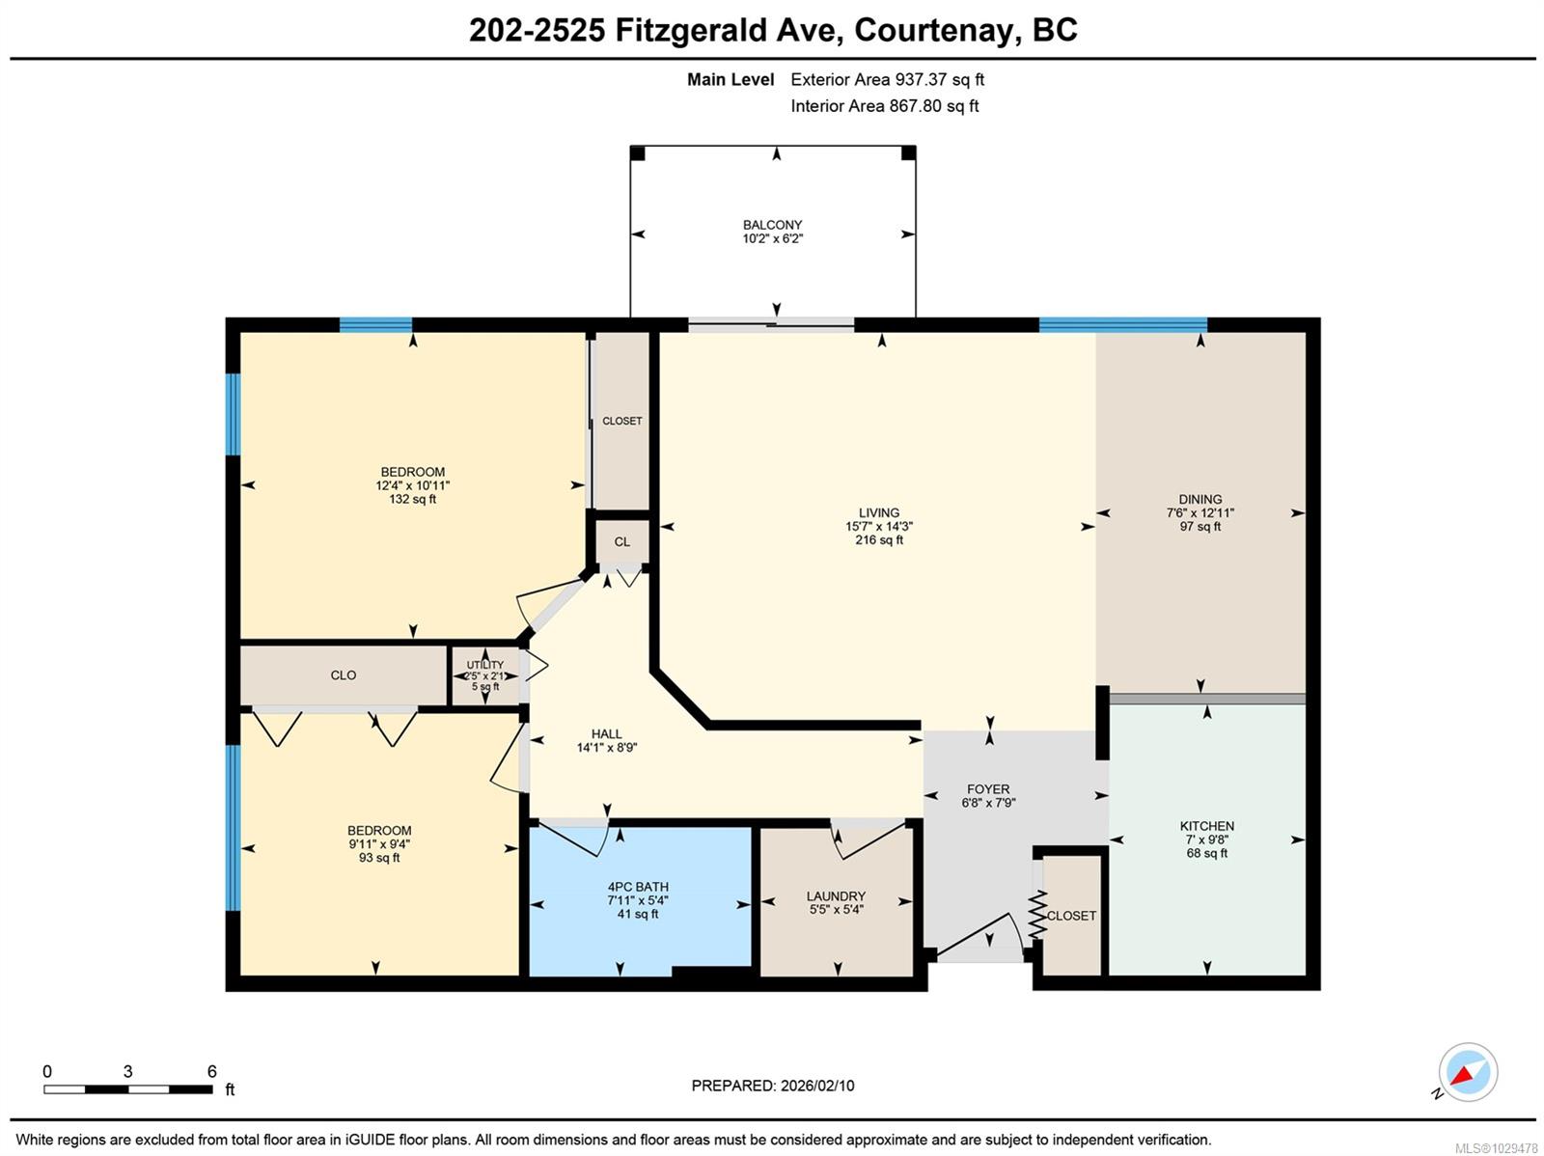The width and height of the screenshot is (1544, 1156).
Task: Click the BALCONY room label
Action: pyautogui.click(x=772, y=225)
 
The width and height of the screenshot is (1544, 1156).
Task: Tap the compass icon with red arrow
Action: pyautogui.click(x=1467, y=1073)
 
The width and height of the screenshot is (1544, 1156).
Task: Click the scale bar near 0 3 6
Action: pyautogui.click(x=127, y=1089)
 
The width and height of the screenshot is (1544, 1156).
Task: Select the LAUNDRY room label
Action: pyautogui.click(x=836, y=896)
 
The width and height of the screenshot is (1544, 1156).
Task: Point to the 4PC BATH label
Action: pyautogui.click(x=638, y=887)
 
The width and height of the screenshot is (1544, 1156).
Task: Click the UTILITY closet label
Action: pyautogui.click(x=484, y=665)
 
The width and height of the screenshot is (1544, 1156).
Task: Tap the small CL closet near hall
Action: pyautogui.click(x=621, y=542)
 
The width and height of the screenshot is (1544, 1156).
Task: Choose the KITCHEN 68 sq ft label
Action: pyautogui.click(x=1206, y=853)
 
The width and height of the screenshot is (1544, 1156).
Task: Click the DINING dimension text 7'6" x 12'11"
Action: pyautogui.click(x=1199, y=513)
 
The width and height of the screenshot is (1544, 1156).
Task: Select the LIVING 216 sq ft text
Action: pyautogui.click(x=879, y=540)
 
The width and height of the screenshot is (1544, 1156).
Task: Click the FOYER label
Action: pyautogui.click(x=988, y=788)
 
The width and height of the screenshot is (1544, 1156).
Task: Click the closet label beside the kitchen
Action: pyautogui.click(x=1071, y=916)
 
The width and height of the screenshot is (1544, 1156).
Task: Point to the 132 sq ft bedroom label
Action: pyautogui.click(x=412, y=499)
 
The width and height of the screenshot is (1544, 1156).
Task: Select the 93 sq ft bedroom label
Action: pyautogui.click(x=379, y=858)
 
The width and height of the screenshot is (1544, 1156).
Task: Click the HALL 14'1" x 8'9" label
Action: pyautogui.click(x=606, y=740)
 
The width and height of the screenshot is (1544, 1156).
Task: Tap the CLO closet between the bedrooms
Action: pyautogui.click(x=344, y=675)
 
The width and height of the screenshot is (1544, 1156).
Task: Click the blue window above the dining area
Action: pyautogui.click(x=1122, y=325)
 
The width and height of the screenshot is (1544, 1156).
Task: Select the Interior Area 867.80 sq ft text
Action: pyautogui.click(x=884, y=106)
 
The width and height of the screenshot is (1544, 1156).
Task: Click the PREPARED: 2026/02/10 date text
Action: pyautogui.click(x=772, y=1086)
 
